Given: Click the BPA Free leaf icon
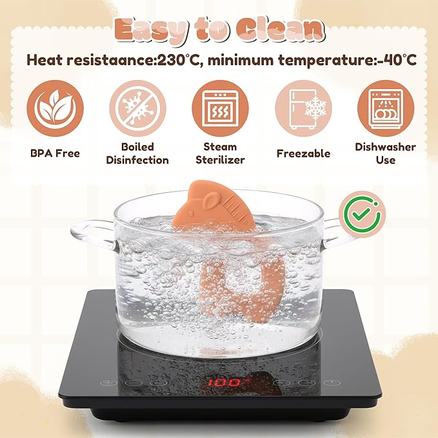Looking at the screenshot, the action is pyautogui.click(x=55, y=108).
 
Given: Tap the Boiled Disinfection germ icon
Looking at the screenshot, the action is pyautogui.click(x=137, y=108).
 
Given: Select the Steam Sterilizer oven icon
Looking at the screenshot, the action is pyautogui.click(x=220, y=108).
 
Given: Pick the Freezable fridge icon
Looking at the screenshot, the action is pyautogui.click(x=303, y=108).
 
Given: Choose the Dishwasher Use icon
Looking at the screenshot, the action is pyautogui.click(x=386, y=108).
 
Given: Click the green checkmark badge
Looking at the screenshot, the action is pyautogui.click(x=363, y=214).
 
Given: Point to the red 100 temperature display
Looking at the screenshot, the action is pyautogui.click(x=228, y=383).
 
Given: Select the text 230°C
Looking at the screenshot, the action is pyautogui.click(x=178, y=59).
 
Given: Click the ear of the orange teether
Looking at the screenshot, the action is pyautogui.click(x=210, y=201).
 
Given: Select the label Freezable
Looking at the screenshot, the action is pyautogui.click(x=303, y=154).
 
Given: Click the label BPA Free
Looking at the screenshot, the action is pyautogui.click(x=55, y=154).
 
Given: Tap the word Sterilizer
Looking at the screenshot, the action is pyautogui.click(x=220, y=160).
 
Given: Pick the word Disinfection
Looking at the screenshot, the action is pyautogui.click(x=137, y=160).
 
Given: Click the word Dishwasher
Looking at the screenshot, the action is pyautogui.click(x=386, y=147).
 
